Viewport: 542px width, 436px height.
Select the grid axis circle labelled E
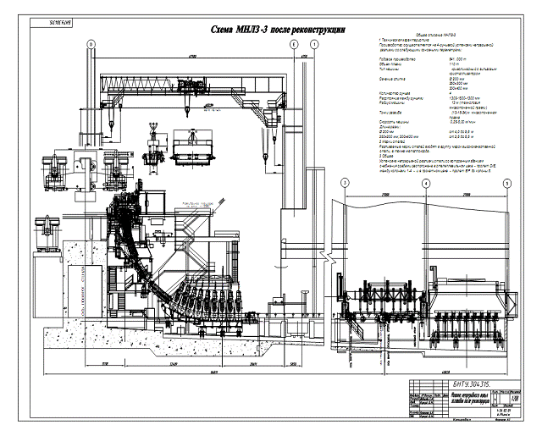(293, 44)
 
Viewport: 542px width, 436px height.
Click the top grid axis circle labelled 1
(315, 44)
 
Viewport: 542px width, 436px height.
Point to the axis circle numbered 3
(345, 182)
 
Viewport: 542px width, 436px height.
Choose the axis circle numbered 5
(506, 182)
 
